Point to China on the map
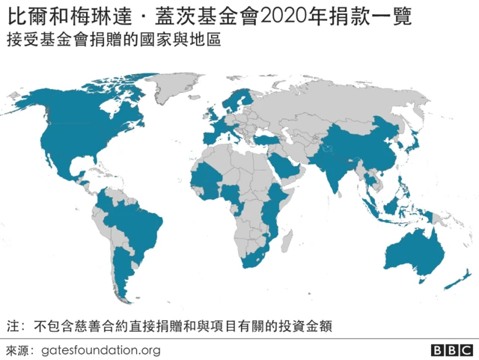(367, 146)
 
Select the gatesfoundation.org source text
(101, 350)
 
